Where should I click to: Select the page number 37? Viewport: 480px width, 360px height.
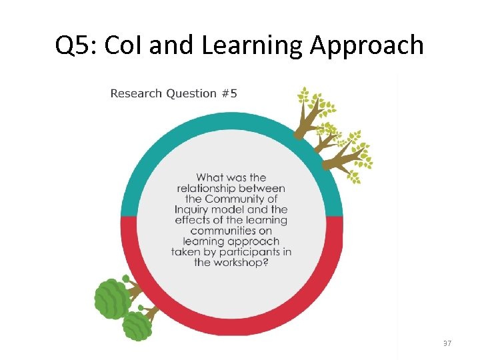(x=447, y=343)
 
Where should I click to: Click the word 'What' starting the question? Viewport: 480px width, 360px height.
(x=211, y=177)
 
